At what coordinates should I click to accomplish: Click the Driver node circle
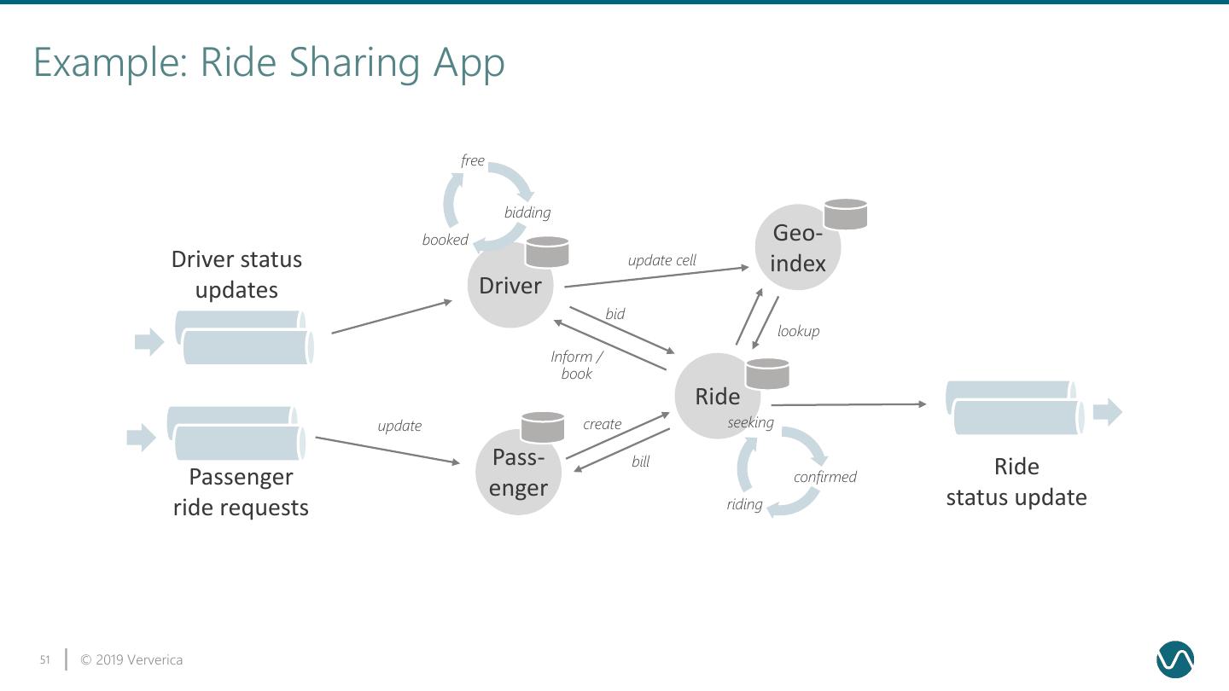510,286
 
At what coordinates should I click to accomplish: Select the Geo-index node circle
797,248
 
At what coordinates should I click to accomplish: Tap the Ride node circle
716,396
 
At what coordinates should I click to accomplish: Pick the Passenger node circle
518,473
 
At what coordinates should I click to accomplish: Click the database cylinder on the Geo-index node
846,214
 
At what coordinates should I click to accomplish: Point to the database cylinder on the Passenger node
543,427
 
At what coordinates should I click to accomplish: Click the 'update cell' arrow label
661,260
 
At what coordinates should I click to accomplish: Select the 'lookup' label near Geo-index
798,331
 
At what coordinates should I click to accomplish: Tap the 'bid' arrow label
614,314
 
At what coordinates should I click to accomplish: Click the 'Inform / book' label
577,365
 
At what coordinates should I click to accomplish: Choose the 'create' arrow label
602,424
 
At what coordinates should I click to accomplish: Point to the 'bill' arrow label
640,462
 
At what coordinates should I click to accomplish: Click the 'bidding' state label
527,212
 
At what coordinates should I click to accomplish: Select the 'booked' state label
445,240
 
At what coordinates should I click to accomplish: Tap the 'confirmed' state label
824,477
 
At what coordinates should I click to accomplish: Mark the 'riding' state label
744,504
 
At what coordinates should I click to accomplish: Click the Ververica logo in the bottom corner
1174,659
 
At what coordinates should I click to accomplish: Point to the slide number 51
44,660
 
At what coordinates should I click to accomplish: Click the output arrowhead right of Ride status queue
1107,412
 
